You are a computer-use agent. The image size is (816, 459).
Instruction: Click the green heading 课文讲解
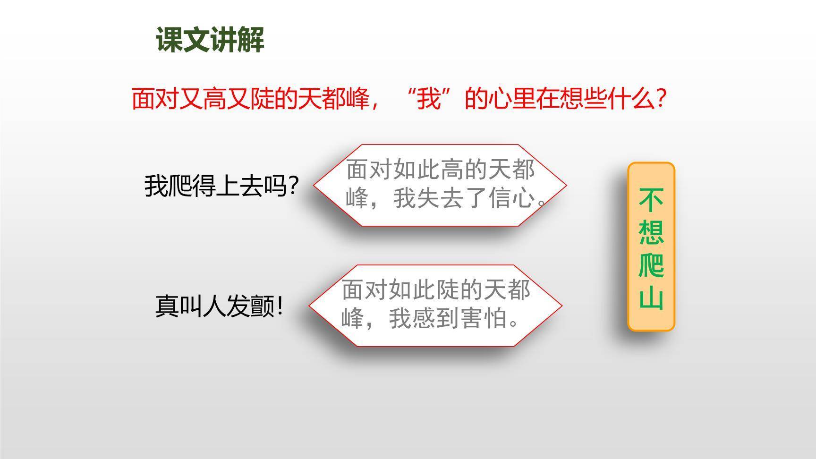(210, 40)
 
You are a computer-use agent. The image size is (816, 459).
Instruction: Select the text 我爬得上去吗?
(221, 186)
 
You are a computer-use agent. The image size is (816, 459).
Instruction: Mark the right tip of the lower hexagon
(561, 306)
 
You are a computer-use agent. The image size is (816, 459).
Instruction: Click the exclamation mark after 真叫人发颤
(280, 306)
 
